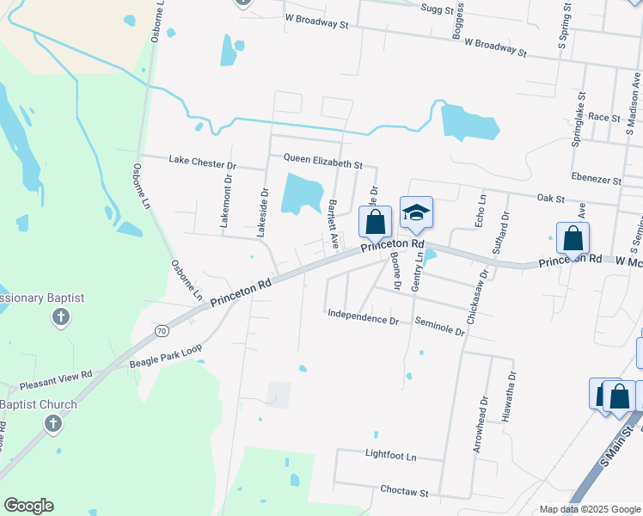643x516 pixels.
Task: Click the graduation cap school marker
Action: pyautogui.click(x=416, y=212)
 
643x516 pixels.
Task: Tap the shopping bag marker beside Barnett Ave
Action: pyautogui.click(x=375, y=222)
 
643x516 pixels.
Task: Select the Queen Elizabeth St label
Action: pyautogui.click(x=323, y=161)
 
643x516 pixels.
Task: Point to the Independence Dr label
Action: pyautogui.click(x=363, y=317)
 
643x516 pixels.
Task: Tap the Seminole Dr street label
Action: pyautogui.click(x=439, y=325)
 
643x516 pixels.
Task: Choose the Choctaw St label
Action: pyautogui.click(x=403, y=491)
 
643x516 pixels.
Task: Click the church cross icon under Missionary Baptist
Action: pyautogui.click(x=60, y=318)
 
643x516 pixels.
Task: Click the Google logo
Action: pyautogui.click(x=28, y=506)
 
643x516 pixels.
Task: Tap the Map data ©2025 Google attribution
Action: pyautogui.click(x=589, y=509)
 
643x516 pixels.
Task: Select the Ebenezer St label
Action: pyautogui.click(x=596, y=177)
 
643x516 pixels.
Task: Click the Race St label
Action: pyautogui.click(x=604, y=117)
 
